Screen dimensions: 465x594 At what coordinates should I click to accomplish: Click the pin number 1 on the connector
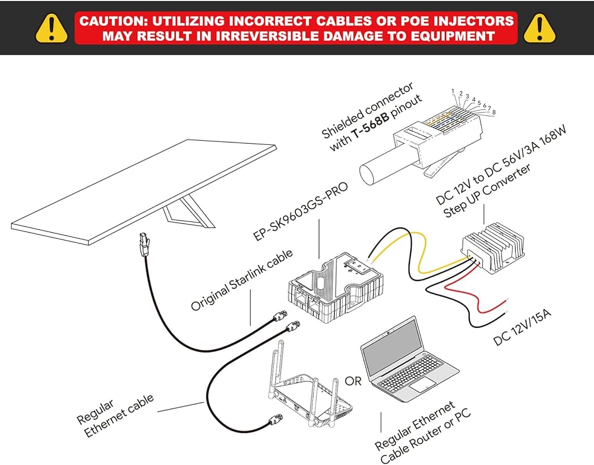pos(453,91)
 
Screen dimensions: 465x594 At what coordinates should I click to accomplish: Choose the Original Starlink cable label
pos(242,280)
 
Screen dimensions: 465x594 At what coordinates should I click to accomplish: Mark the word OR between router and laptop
pos(353,381)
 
